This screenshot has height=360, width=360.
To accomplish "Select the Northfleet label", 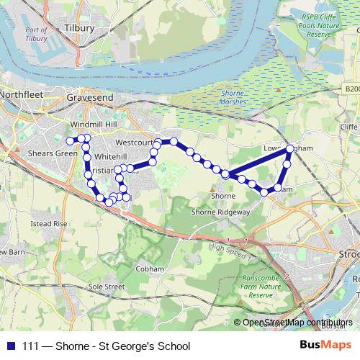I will pyautogui.click(x=23, y=94).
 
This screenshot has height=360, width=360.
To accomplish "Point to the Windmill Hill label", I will pyautogui.click(x=90, y=125).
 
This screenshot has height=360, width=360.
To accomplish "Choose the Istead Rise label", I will pyautogui.click(x=49, y=224).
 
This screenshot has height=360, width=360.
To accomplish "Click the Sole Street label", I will pyautogui.click(x=107, y=286).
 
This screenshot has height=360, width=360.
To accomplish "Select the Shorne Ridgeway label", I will pyautogui.click(x=220, y=212).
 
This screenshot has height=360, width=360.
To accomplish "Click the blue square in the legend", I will pyautogui.click(x=9, y=346).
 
